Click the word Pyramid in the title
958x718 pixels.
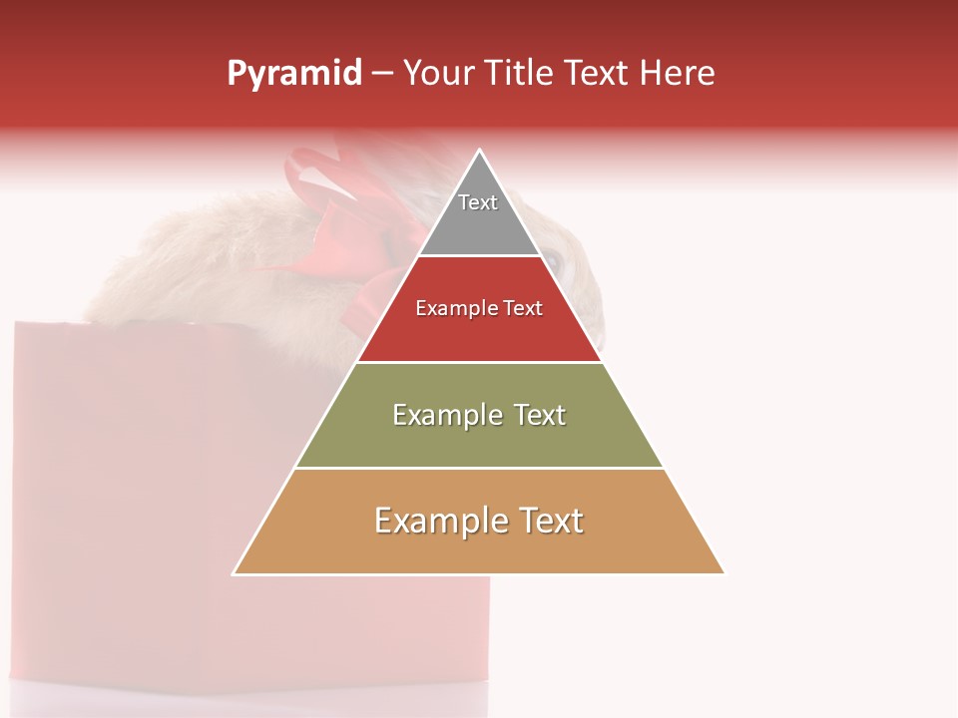tap(294, 74)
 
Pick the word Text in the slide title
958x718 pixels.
tap(598, 73)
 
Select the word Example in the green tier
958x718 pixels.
tap(446, 415)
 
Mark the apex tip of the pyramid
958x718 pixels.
tap(480, 151)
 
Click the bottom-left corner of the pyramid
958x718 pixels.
tap(235, 573)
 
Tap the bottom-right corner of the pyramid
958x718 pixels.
tap(723, 573)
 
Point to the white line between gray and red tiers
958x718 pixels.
tap(479, 256)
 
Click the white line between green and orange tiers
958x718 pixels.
tap(479, 468)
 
